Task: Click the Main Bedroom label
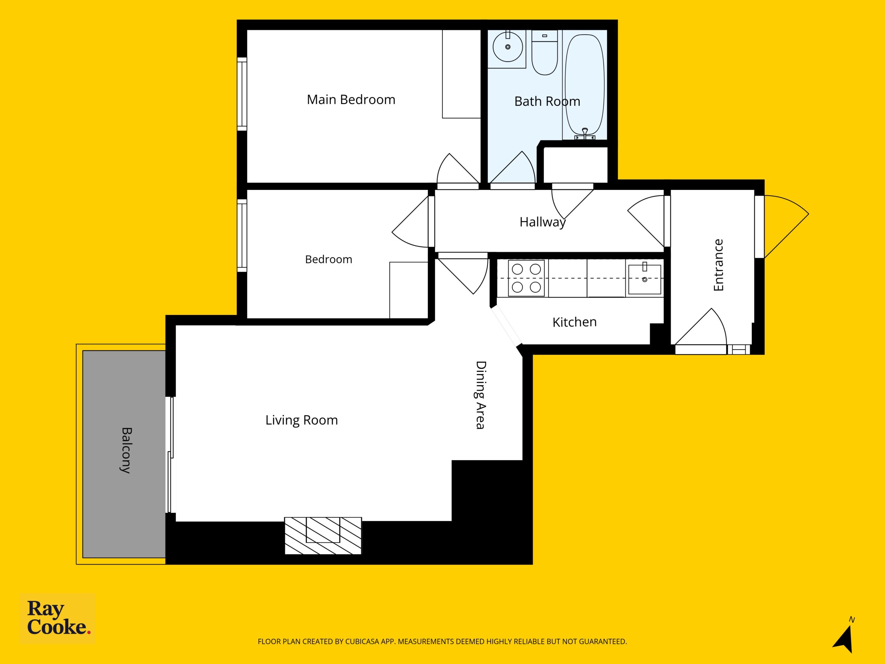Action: tap(351, 99)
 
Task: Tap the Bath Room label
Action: tap(547, 101)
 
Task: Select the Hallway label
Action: tap(542, 222)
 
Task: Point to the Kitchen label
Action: tap(574, 322)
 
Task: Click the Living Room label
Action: tap(302, 420)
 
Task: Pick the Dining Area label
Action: tap(481, 395)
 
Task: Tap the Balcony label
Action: tap(126, 450)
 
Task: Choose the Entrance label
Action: tap(719, 265)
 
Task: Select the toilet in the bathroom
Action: tap(544, 53)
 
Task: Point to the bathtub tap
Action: tap(585, 134)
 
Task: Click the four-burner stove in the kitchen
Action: tap(526, 278)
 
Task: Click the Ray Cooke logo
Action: tap(58, 618)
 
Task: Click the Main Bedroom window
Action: tap(242, 94)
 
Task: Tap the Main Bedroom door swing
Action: tap(458, 168)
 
